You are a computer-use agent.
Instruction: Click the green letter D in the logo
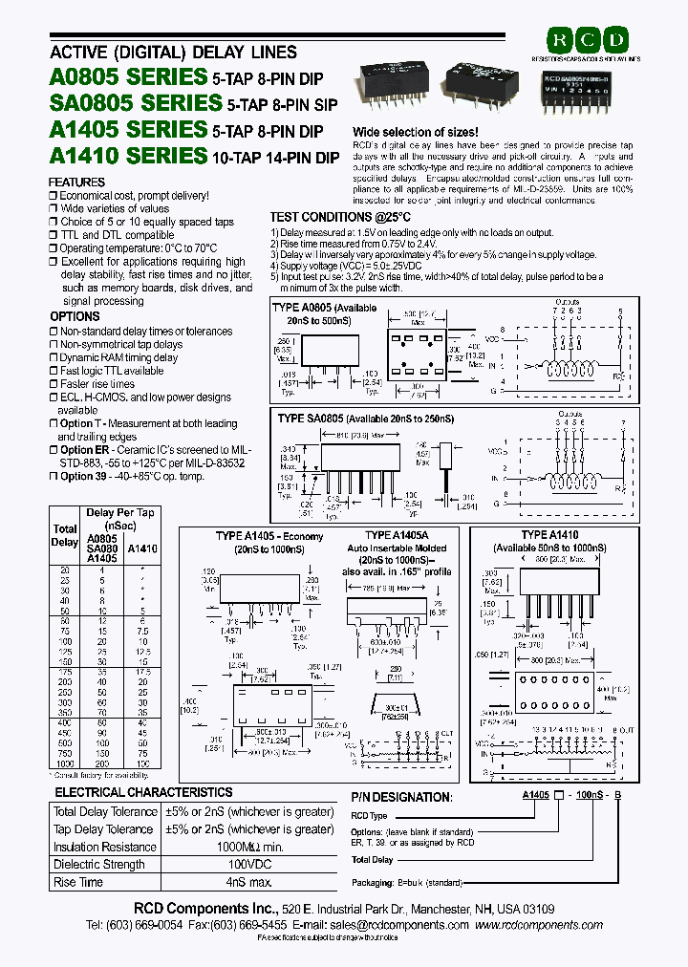point(616,40)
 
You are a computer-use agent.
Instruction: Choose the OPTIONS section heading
point(75,316)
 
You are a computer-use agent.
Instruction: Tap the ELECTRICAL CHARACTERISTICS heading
point(143,792)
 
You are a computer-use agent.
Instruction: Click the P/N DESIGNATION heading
point(402,797)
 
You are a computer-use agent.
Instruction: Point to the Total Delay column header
point(65,535)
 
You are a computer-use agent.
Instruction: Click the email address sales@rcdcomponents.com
point(394,925)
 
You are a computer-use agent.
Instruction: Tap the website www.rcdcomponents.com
point(539,925)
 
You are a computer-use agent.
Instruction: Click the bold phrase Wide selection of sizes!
point(416,132)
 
